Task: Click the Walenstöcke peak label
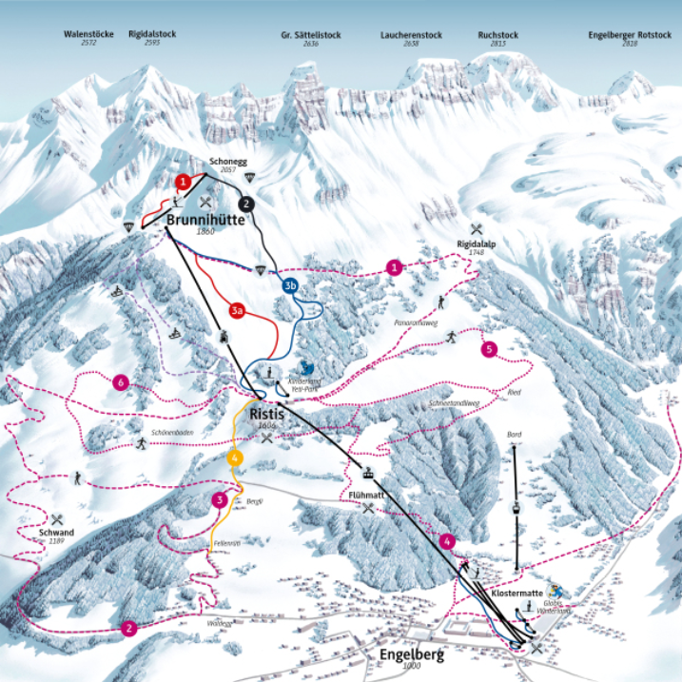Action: click(88, 34)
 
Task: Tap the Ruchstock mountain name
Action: click(497, 34)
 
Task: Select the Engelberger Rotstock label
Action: click(630, 34)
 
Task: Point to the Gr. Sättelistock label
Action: click(310, 34)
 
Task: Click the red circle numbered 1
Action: click(183, 180)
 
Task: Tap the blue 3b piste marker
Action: click(290, 284)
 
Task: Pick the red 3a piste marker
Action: click(237, 310)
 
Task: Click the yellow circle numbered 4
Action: click(233, 458)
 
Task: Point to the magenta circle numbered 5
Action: click(490, 349)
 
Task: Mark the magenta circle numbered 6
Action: click(120, 382)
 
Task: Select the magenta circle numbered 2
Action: click(128, 628)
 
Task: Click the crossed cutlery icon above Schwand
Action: click(57, 519)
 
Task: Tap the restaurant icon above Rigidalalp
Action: click(477, 229)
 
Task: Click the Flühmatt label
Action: click(366, 496)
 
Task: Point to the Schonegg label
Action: click(226, 162)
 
